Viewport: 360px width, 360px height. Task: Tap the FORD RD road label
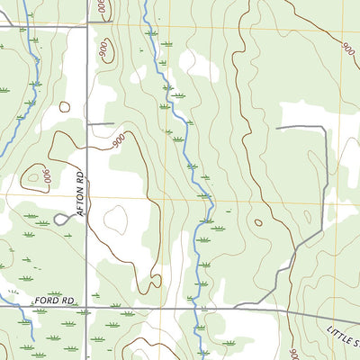[54, 297]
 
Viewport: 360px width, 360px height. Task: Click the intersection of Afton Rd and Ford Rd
[87, 306]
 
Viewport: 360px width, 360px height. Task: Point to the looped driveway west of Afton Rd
[61, 218]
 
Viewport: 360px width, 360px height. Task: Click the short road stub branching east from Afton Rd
[101, 123]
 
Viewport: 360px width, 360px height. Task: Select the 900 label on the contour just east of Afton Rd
[118, 141]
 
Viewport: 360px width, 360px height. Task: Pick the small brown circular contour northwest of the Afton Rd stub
[65, 106]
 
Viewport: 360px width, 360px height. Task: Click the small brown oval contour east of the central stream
[258, 222]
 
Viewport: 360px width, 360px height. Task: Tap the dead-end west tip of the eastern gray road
[276, 128]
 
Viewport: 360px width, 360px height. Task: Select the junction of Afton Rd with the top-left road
[87, 26]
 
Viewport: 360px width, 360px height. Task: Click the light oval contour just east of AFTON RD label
[115, 218]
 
